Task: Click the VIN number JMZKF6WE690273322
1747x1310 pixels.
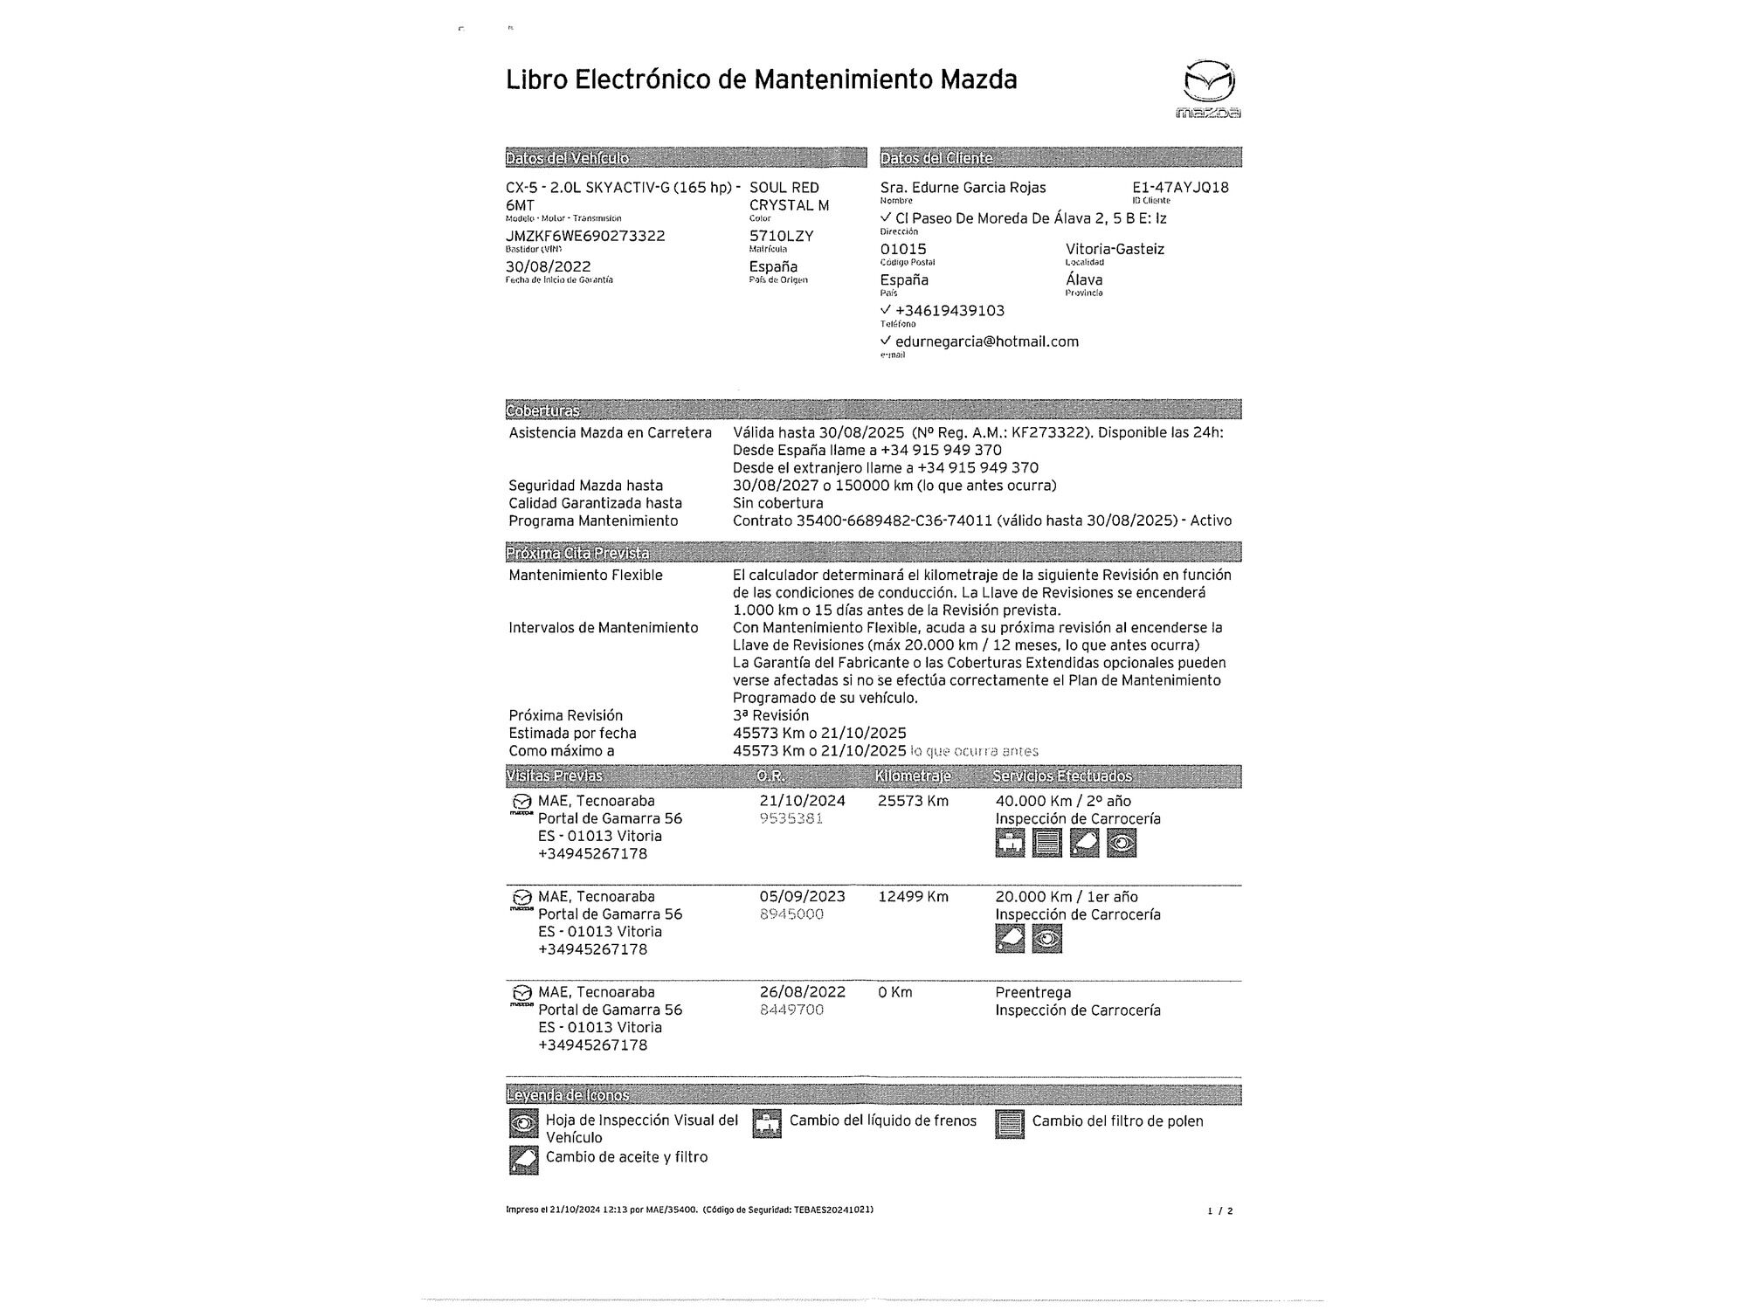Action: pyautogui.click(x=585, y=236)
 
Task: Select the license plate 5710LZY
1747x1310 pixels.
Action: pyautogui.click(x=781, y=236)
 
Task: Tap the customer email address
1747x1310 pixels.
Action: pyautogui.click(x=987, y=341)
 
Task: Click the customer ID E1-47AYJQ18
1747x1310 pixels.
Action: pyautogui.click(x=1180, y=188)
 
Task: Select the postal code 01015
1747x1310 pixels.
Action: pyautogui.click(x=903, y=249)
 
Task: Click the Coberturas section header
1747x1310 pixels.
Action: pyautogui.click(x=542, y=410)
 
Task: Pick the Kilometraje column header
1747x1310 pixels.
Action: pyautogui.click(x=913, y=776)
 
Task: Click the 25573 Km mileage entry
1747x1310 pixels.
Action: pyautogui.click(x=913, y=801)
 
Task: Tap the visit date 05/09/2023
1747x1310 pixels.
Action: pyautogui.click(x=802, y=896)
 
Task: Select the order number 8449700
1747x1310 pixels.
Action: pyautogui.click(x=791, y=1010)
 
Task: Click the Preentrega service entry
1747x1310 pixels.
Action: pyautogui.click(x=1032, y=992)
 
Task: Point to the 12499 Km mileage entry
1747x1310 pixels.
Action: pyautogui.click(x=913, y=896)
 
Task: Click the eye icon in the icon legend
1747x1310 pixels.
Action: pyautogui.click(x=523, y=1123)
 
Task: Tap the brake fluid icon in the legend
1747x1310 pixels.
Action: pyautogui.click(x=767, y=1124)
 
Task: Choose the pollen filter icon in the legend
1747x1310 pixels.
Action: pyautogui.click(x=1009, y=1124)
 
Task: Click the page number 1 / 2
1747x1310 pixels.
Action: pyautogui.click(x=1219, y=1210)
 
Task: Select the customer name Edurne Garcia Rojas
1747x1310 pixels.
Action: pyautogui.click(x=963, y=188)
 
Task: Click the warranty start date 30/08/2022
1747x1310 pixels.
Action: pyautogui.click(x=548, y=266)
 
